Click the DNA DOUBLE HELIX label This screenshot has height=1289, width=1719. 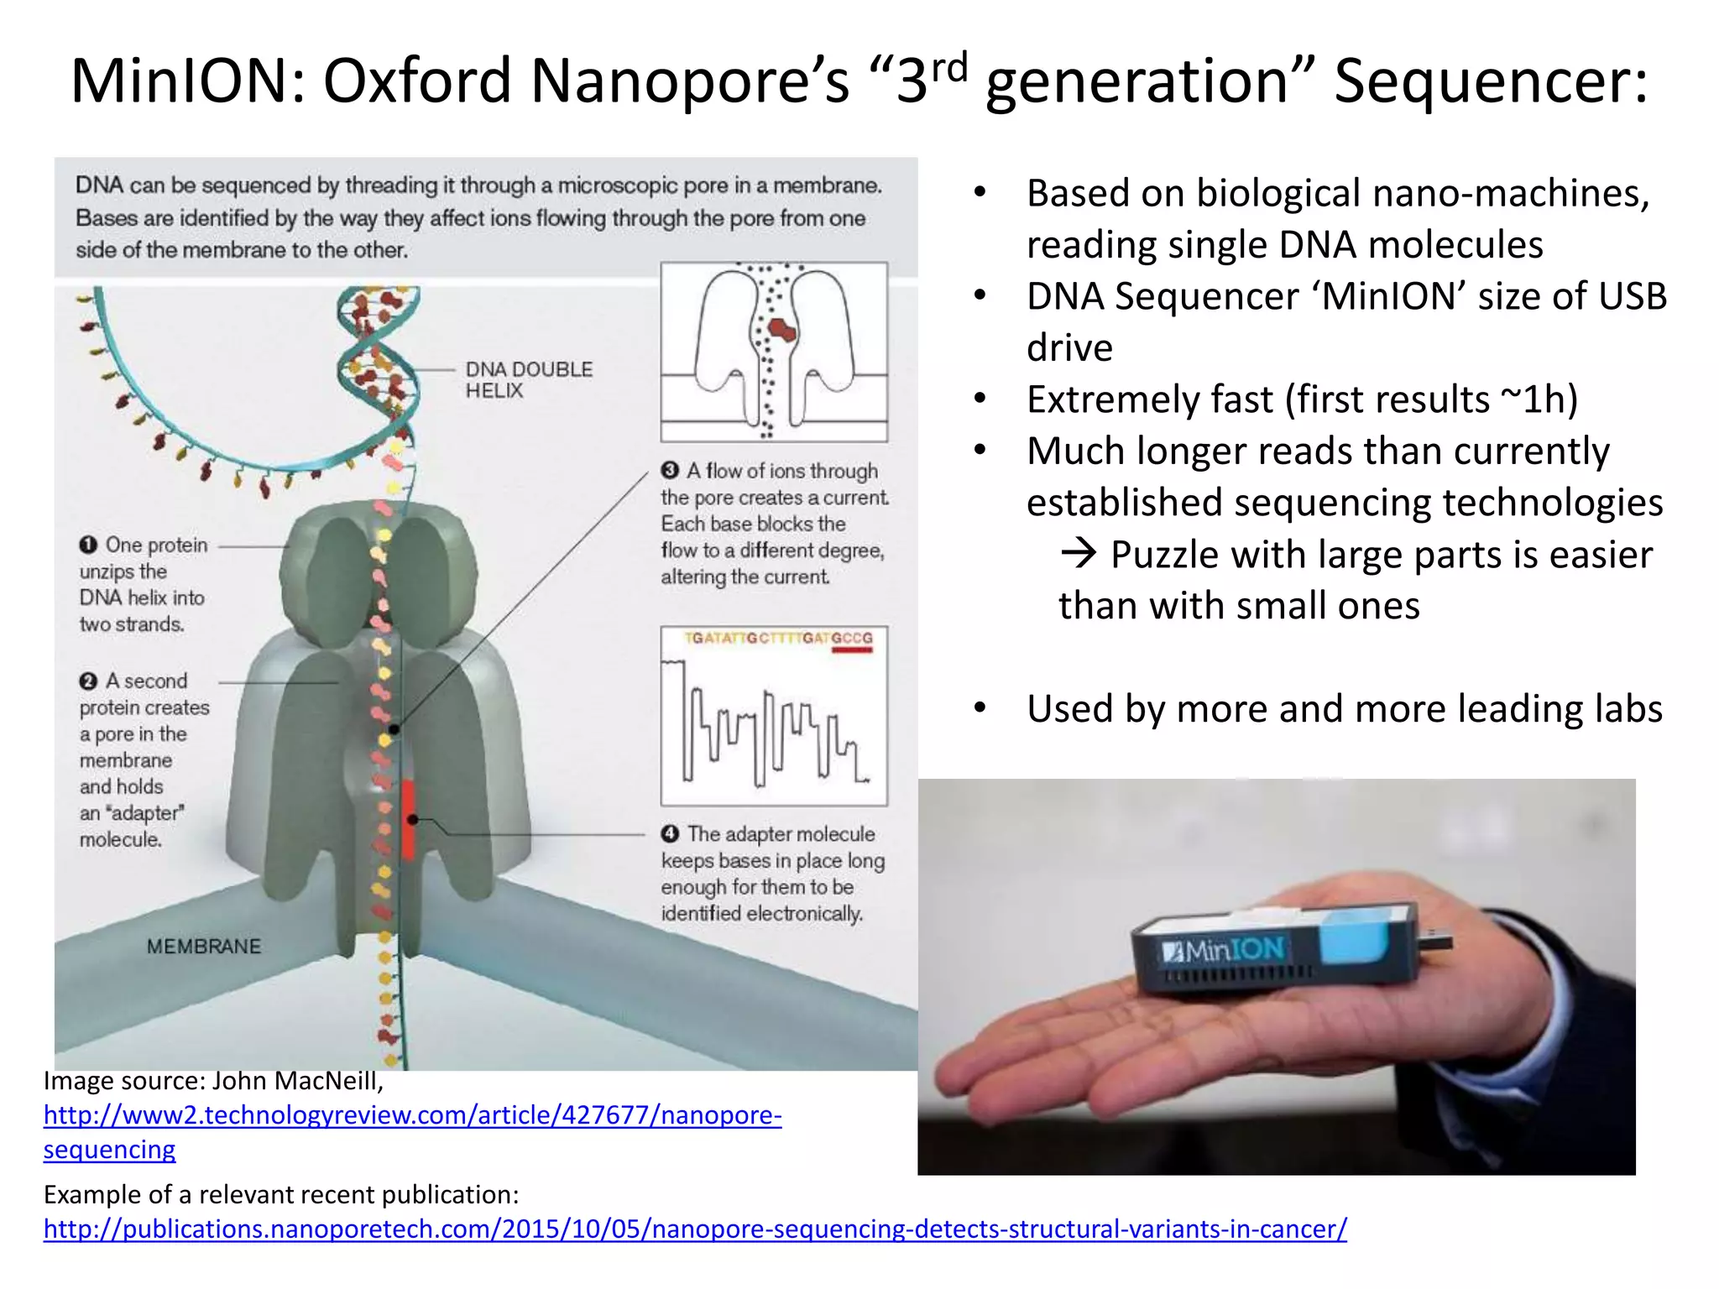[x=528, y=379]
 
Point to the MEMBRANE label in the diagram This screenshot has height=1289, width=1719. [x=203, y=947]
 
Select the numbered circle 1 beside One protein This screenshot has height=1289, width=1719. [x=88, y=545]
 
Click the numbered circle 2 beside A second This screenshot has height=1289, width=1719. [x=88, y=681]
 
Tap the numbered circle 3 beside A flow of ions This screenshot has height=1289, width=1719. [x=670, y=471]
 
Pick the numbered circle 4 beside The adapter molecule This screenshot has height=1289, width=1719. [x=670, y=833]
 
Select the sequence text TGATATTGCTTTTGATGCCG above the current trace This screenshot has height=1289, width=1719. [x=778, y=639]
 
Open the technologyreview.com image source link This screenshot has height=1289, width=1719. [x=411, y=1115]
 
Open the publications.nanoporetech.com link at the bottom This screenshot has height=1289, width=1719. [x=695, y=1229]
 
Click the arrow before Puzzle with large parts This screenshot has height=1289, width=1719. [x=1079, y=553]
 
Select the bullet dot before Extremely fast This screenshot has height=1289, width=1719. [x=980, y=399]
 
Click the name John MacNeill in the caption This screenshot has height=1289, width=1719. [x=297, y=1081]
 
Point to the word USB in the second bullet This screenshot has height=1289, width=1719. [x=1632, y=296]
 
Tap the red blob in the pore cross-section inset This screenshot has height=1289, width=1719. [x=783, y=330]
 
